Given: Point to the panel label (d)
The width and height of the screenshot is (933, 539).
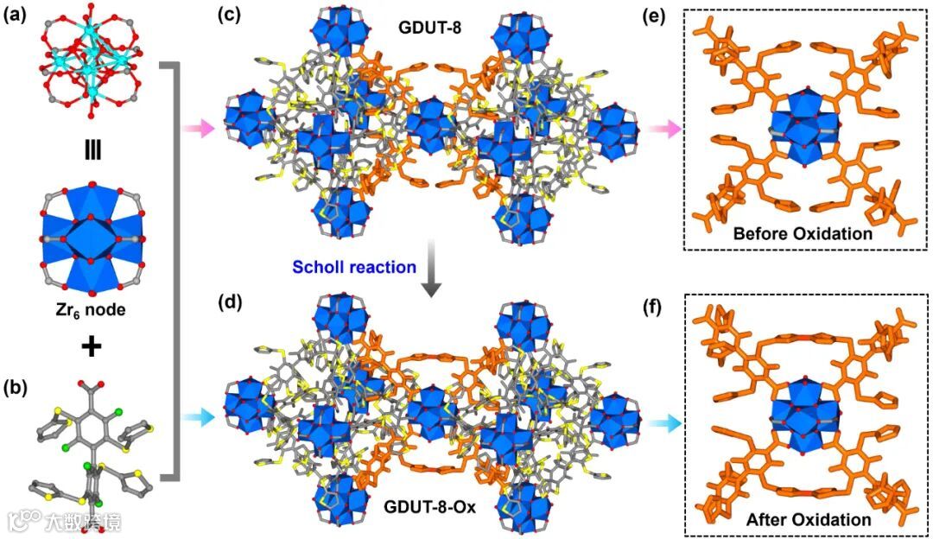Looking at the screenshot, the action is tap(232, 303).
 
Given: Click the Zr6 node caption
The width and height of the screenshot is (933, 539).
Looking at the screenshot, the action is tap(89, 308).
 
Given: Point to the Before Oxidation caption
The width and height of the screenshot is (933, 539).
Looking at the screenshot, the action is tap(801, 233).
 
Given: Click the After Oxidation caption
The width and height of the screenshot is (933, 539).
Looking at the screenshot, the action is tap(807, 520).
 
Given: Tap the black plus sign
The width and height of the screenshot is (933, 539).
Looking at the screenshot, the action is tap(90, 347).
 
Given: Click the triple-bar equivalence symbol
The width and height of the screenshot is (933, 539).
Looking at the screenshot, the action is tap(90, 149).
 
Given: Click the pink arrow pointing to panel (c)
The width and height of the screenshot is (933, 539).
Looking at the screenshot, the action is tap(197, 130).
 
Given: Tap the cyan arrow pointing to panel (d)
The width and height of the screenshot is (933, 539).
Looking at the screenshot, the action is tap(197, 416).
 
